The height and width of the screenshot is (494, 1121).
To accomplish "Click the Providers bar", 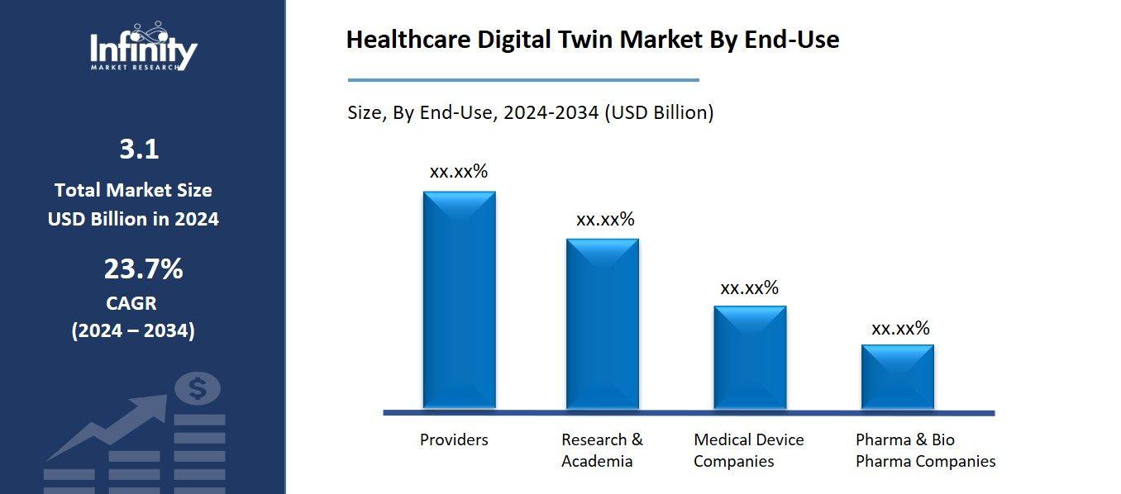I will coord(459,300).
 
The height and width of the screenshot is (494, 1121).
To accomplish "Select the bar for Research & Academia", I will coord(602,323).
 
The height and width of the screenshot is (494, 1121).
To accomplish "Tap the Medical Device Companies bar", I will coord(750,357).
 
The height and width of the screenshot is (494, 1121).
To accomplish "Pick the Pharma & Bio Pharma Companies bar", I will coord(897,377).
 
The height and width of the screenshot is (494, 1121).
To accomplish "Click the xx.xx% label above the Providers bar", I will coord(459,172).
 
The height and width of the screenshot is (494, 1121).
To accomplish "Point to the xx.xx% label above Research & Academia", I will coord(605,220).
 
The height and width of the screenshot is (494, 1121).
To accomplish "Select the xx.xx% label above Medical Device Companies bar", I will coord(750,288).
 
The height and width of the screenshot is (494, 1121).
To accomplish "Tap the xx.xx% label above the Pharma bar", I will coord(900,329).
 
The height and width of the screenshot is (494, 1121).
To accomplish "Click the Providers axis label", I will coord(454,439).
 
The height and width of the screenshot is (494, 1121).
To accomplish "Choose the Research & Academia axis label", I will coord(602,450).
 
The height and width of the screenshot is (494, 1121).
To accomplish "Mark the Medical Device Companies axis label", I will coord(748,450).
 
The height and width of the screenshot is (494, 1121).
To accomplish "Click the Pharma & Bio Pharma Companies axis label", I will coord(925,450).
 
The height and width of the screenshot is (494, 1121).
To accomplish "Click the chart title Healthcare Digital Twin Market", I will coord(592,40).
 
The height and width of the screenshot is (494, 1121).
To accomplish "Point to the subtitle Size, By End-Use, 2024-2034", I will coord(530,112).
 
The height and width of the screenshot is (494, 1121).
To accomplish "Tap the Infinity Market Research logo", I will coord(143,47).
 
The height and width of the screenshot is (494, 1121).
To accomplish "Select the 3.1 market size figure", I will coord(139,150).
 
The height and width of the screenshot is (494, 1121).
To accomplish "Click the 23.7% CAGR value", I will coord(143,269).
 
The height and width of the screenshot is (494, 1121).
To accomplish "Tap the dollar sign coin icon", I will coord(197,388).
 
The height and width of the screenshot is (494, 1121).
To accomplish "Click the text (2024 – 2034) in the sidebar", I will coord(133,331).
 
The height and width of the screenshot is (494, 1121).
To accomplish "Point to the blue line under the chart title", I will coord(523,80).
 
